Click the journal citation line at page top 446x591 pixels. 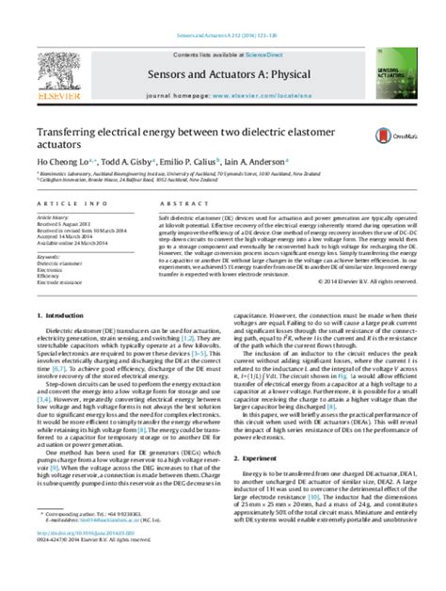tap(222, 11)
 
